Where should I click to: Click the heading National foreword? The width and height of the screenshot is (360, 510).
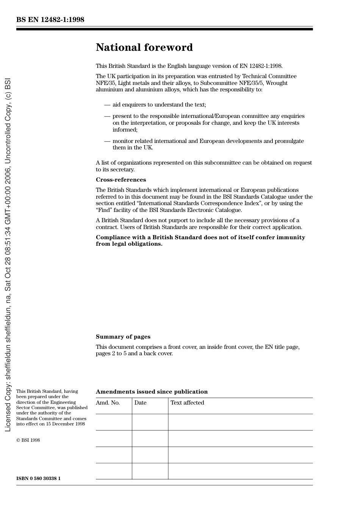pyautogui.click(x=144, y=47)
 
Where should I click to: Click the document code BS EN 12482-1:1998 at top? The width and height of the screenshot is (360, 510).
pyautogui.click(x=50, y=20)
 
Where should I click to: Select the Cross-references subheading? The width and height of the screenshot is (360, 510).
pyautogui.click(x=121, y=180)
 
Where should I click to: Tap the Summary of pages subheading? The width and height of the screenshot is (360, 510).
pyautogui.click(x=123, y=337)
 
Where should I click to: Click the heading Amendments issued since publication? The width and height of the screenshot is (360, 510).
pyautogui.click(x=152, y=392)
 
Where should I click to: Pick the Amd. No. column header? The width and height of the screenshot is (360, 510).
pyautogui.click(x=108, y=403)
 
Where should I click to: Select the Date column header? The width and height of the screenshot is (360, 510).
pyautogui.click(x=140, y=403)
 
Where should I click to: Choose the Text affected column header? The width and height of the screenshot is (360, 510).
pyautogui.click(x=187, y=403)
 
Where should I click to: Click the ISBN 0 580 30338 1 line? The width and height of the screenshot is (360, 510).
pyautogui.click(x=38, y=479)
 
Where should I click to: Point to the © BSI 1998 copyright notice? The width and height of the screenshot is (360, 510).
pyautogui.click(x=28, y=440)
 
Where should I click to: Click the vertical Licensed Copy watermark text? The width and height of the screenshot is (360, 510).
pyautogui.click(x=8, y=255)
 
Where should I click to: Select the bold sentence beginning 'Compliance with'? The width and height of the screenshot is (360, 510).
pyautogui.click(x=200, y=240)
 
